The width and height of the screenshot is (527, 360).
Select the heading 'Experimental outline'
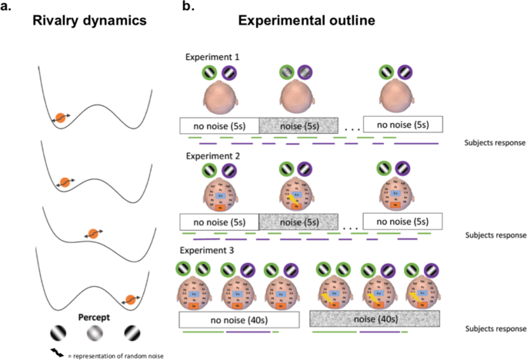311,21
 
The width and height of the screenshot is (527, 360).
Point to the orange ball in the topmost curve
59,118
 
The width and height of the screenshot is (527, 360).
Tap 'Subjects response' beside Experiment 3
496,329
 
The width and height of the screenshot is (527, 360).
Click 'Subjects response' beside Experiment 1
496,142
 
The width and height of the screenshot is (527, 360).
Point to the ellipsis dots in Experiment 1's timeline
349,129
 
